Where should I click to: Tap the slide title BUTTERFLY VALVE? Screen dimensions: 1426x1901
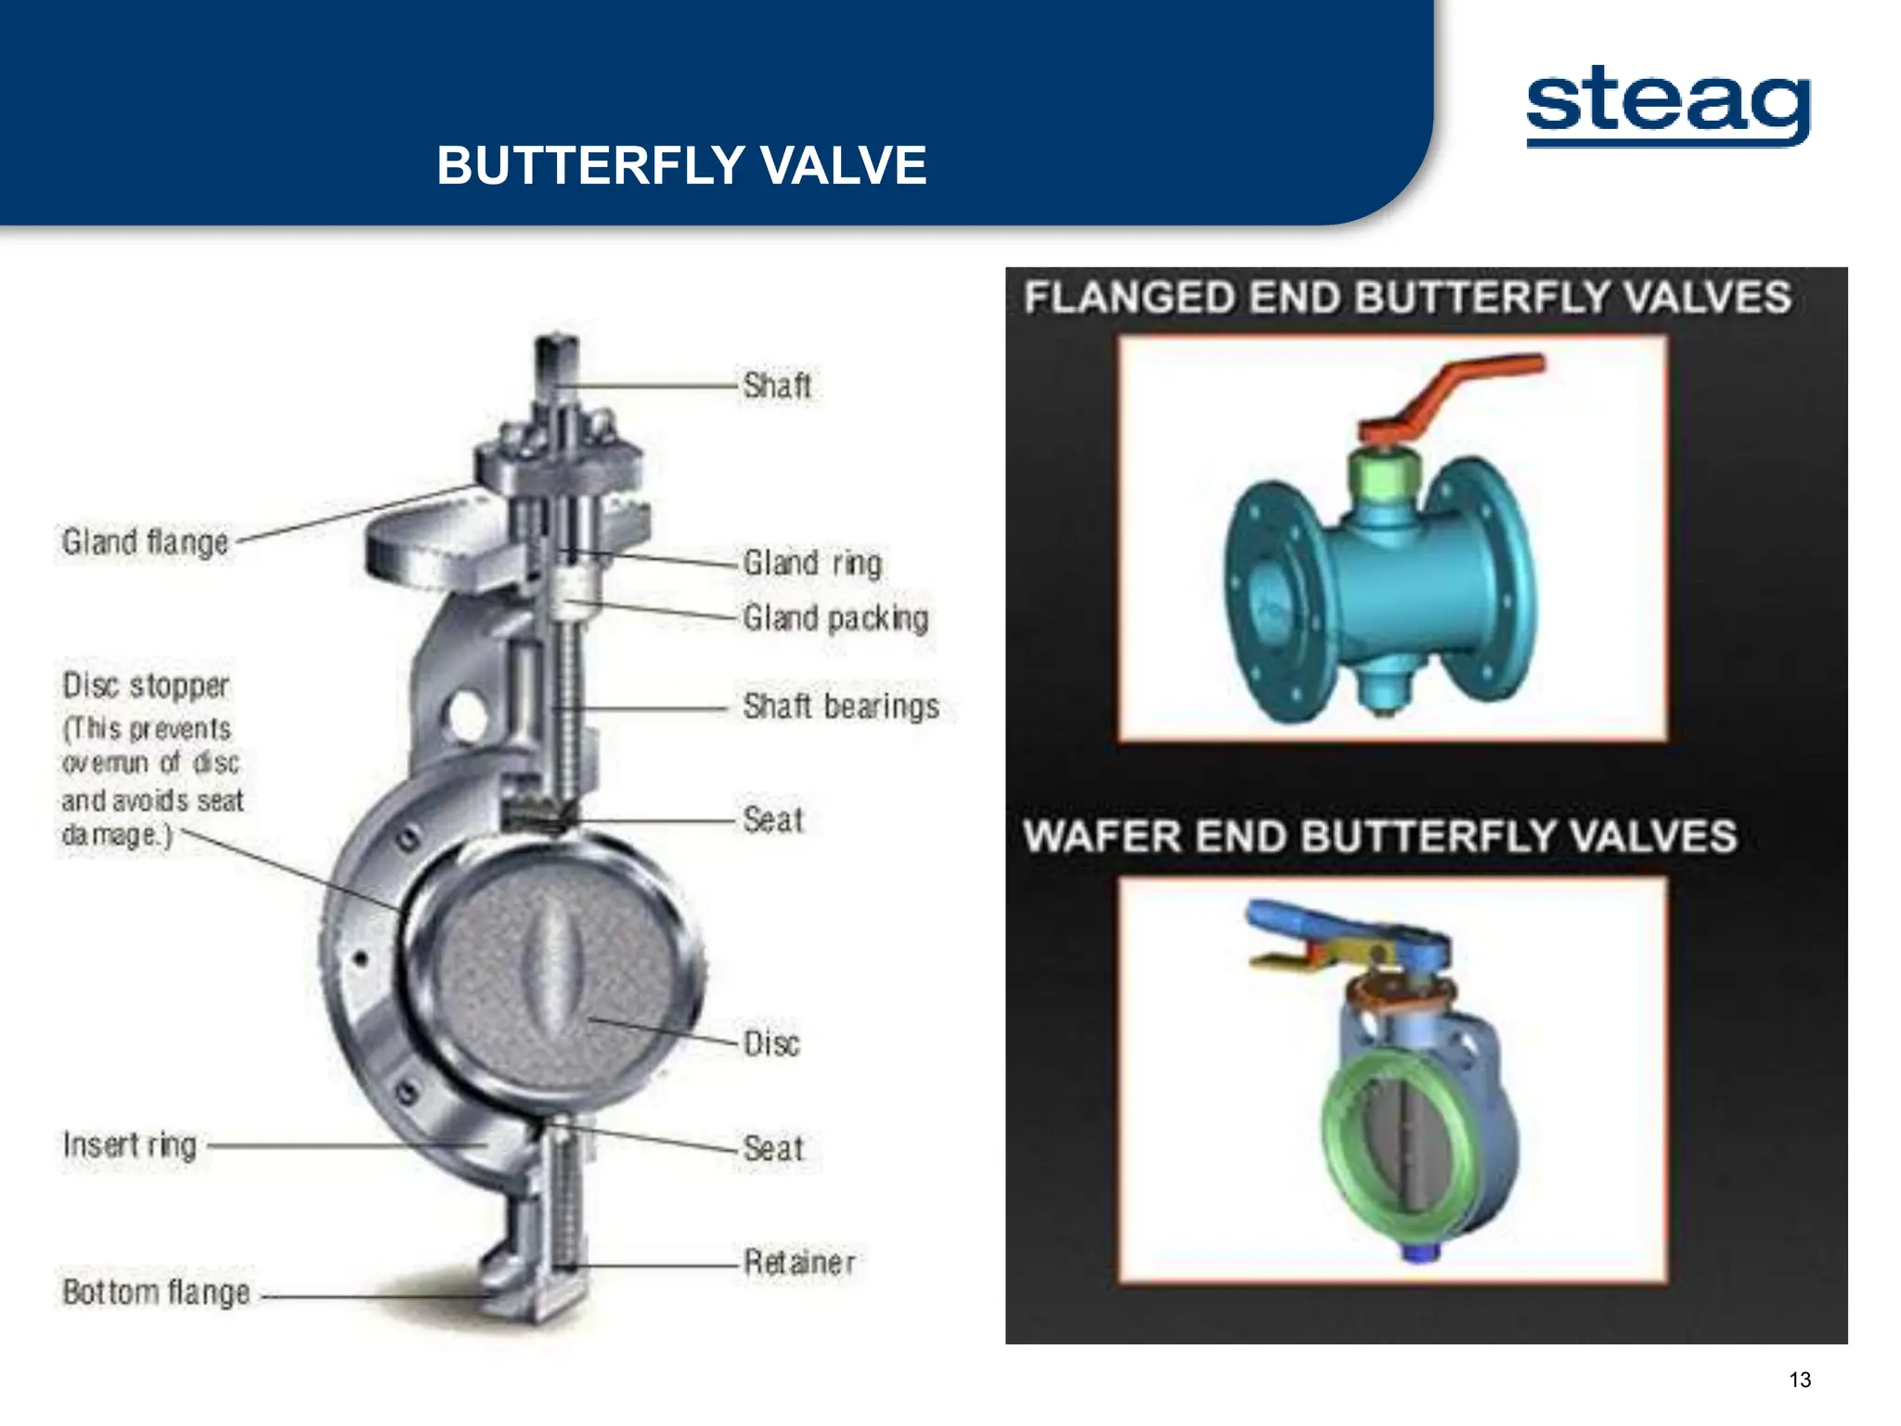click(x=681, y=165)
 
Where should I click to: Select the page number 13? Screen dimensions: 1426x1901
click(x=1800, y=1380)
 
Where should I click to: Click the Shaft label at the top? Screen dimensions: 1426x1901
click(x=777, y=385)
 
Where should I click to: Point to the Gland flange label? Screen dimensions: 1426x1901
click(x=145, y=541)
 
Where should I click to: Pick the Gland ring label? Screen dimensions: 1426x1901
click(x=812, y=563)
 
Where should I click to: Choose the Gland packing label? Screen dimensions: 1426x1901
click(x=835, y=618)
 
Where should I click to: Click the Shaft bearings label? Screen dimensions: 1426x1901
click(x=841, y=707)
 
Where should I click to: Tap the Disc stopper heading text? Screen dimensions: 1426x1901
click(x=146, y=685)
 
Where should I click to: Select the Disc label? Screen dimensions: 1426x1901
click(x=771, y=1044)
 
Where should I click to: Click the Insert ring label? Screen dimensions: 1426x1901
click(x=130, y=1145)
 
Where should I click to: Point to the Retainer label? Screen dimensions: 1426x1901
click(x=799, y=1262)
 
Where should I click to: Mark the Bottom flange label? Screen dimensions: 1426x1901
click(x=156, y=1291)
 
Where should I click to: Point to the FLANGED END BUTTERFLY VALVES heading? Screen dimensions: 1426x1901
click(x=1407, y=298)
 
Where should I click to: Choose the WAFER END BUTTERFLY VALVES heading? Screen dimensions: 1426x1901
click(x=1379, y=836)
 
